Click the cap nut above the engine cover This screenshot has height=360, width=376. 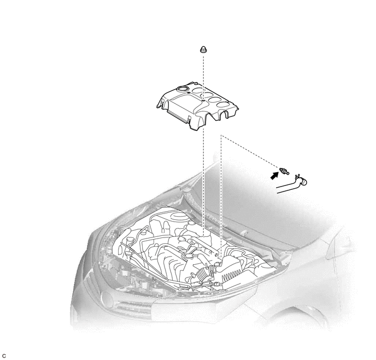(203, 49)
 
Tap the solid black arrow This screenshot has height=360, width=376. (274, 175)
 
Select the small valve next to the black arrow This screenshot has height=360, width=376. (284, 171)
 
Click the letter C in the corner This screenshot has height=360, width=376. (4, 356)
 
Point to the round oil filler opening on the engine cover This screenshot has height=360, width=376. (183, 89)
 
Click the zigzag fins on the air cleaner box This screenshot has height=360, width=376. (231, 275)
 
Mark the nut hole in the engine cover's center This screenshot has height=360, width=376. (203, 101)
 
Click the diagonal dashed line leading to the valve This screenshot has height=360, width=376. (250, 152)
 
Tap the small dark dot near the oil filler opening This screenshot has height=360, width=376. (189, 92)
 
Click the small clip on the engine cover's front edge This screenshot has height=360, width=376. (189, 118)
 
